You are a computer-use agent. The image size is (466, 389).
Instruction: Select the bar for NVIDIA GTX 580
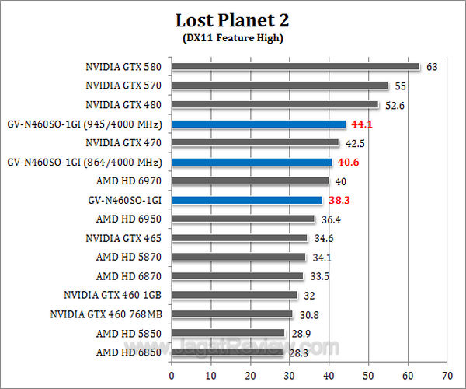tap(295, 67)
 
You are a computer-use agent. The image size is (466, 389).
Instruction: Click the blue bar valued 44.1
tap(258, 124)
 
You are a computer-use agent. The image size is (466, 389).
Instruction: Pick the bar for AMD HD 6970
tap(249, 180)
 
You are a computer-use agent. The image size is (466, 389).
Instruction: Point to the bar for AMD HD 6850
tap(227, 352)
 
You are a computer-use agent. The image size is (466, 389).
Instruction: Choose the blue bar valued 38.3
tap(246, 200)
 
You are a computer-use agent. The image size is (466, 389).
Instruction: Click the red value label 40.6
tap(346, 163)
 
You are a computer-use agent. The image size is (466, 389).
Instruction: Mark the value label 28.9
tap(300, 333)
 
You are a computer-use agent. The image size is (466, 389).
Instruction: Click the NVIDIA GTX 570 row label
tap(123, 86)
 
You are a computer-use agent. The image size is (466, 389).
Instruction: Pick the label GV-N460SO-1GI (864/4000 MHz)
tap(84, 162)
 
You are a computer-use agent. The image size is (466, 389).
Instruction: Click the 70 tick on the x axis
tap(447, 375)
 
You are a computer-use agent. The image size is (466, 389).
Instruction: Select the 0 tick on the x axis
tap(172, 375)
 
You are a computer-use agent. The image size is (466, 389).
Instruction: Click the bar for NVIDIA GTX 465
tap(239, 238)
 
